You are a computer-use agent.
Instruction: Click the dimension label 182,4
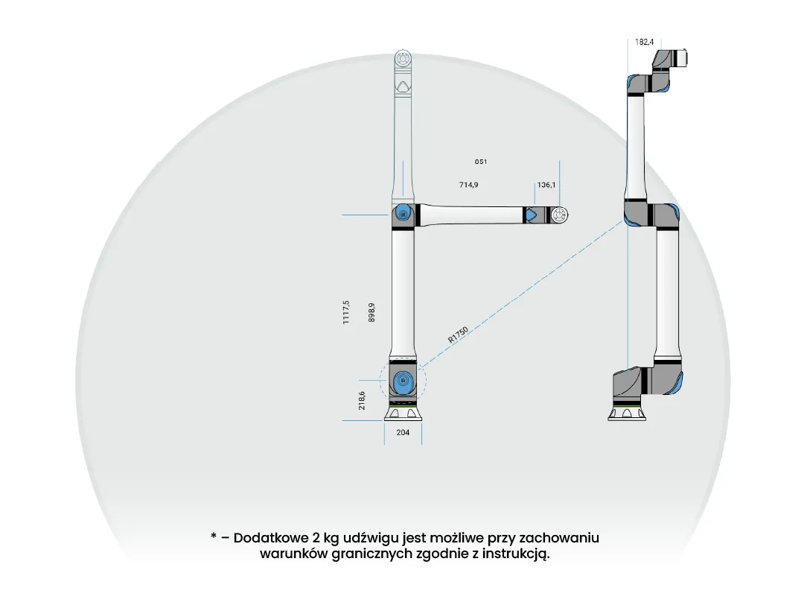(644, 42)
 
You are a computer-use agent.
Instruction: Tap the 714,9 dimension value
(468, 185)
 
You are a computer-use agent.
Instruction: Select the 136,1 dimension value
(546, 185)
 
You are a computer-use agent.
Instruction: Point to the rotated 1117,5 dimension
(345, 312)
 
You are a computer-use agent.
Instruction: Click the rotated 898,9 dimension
(371, 313)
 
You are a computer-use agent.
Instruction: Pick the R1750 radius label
(458, 335)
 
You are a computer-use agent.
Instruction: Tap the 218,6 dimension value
(362, 401)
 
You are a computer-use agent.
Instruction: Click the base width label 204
(403, 432)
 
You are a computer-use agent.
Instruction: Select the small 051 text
(480, 162)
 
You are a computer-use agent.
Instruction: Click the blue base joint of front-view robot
(403, 381)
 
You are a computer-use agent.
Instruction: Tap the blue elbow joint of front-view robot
(403, 213)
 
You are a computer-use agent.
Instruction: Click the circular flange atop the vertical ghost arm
(403, 58)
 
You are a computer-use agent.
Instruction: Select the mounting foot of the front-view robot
(403, 413)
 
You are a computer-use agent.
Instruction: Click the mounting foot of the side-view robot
(627, 414)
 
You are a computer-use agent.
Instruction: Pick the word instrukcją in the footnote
(516, 554)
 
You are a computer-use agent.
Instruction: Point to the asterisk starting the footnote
(214, 536)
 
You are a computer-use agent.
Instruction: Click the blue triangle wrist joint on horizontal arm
(531, 215)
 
